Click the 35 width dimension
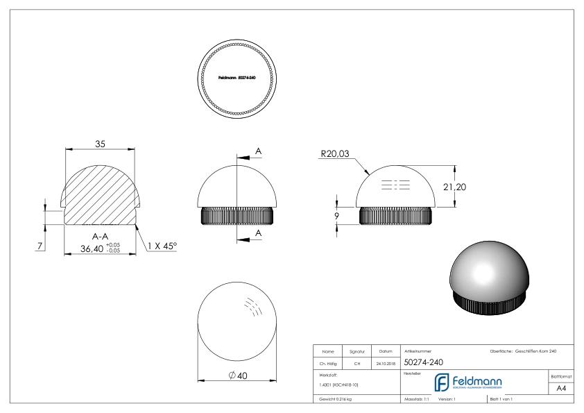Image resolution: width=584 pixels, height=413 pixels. click(101, 144)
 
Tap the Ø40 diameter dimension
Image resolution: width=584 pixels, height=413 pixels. click(238, 376)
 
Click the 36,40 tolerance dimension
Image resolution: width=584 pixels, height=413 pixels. click(92, 248)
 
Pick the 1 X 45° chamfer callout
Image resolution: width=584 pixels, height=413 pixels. click(162, 246)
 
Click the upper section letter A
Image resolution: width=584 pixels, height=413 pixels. click(259, 151)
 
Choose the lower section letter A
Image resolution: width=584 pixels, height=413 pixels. click(259, 233)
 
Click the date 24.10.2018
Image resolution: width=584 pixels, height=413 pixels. click(384, 362)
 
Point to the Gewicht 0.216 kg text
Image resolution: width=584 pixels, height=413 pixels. click(338, 399)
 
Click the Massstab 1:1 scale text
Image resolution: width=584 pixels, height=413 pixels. click(418, 399)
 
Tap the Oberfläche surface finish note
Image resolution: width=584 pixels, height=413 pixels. click(522, 351)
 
